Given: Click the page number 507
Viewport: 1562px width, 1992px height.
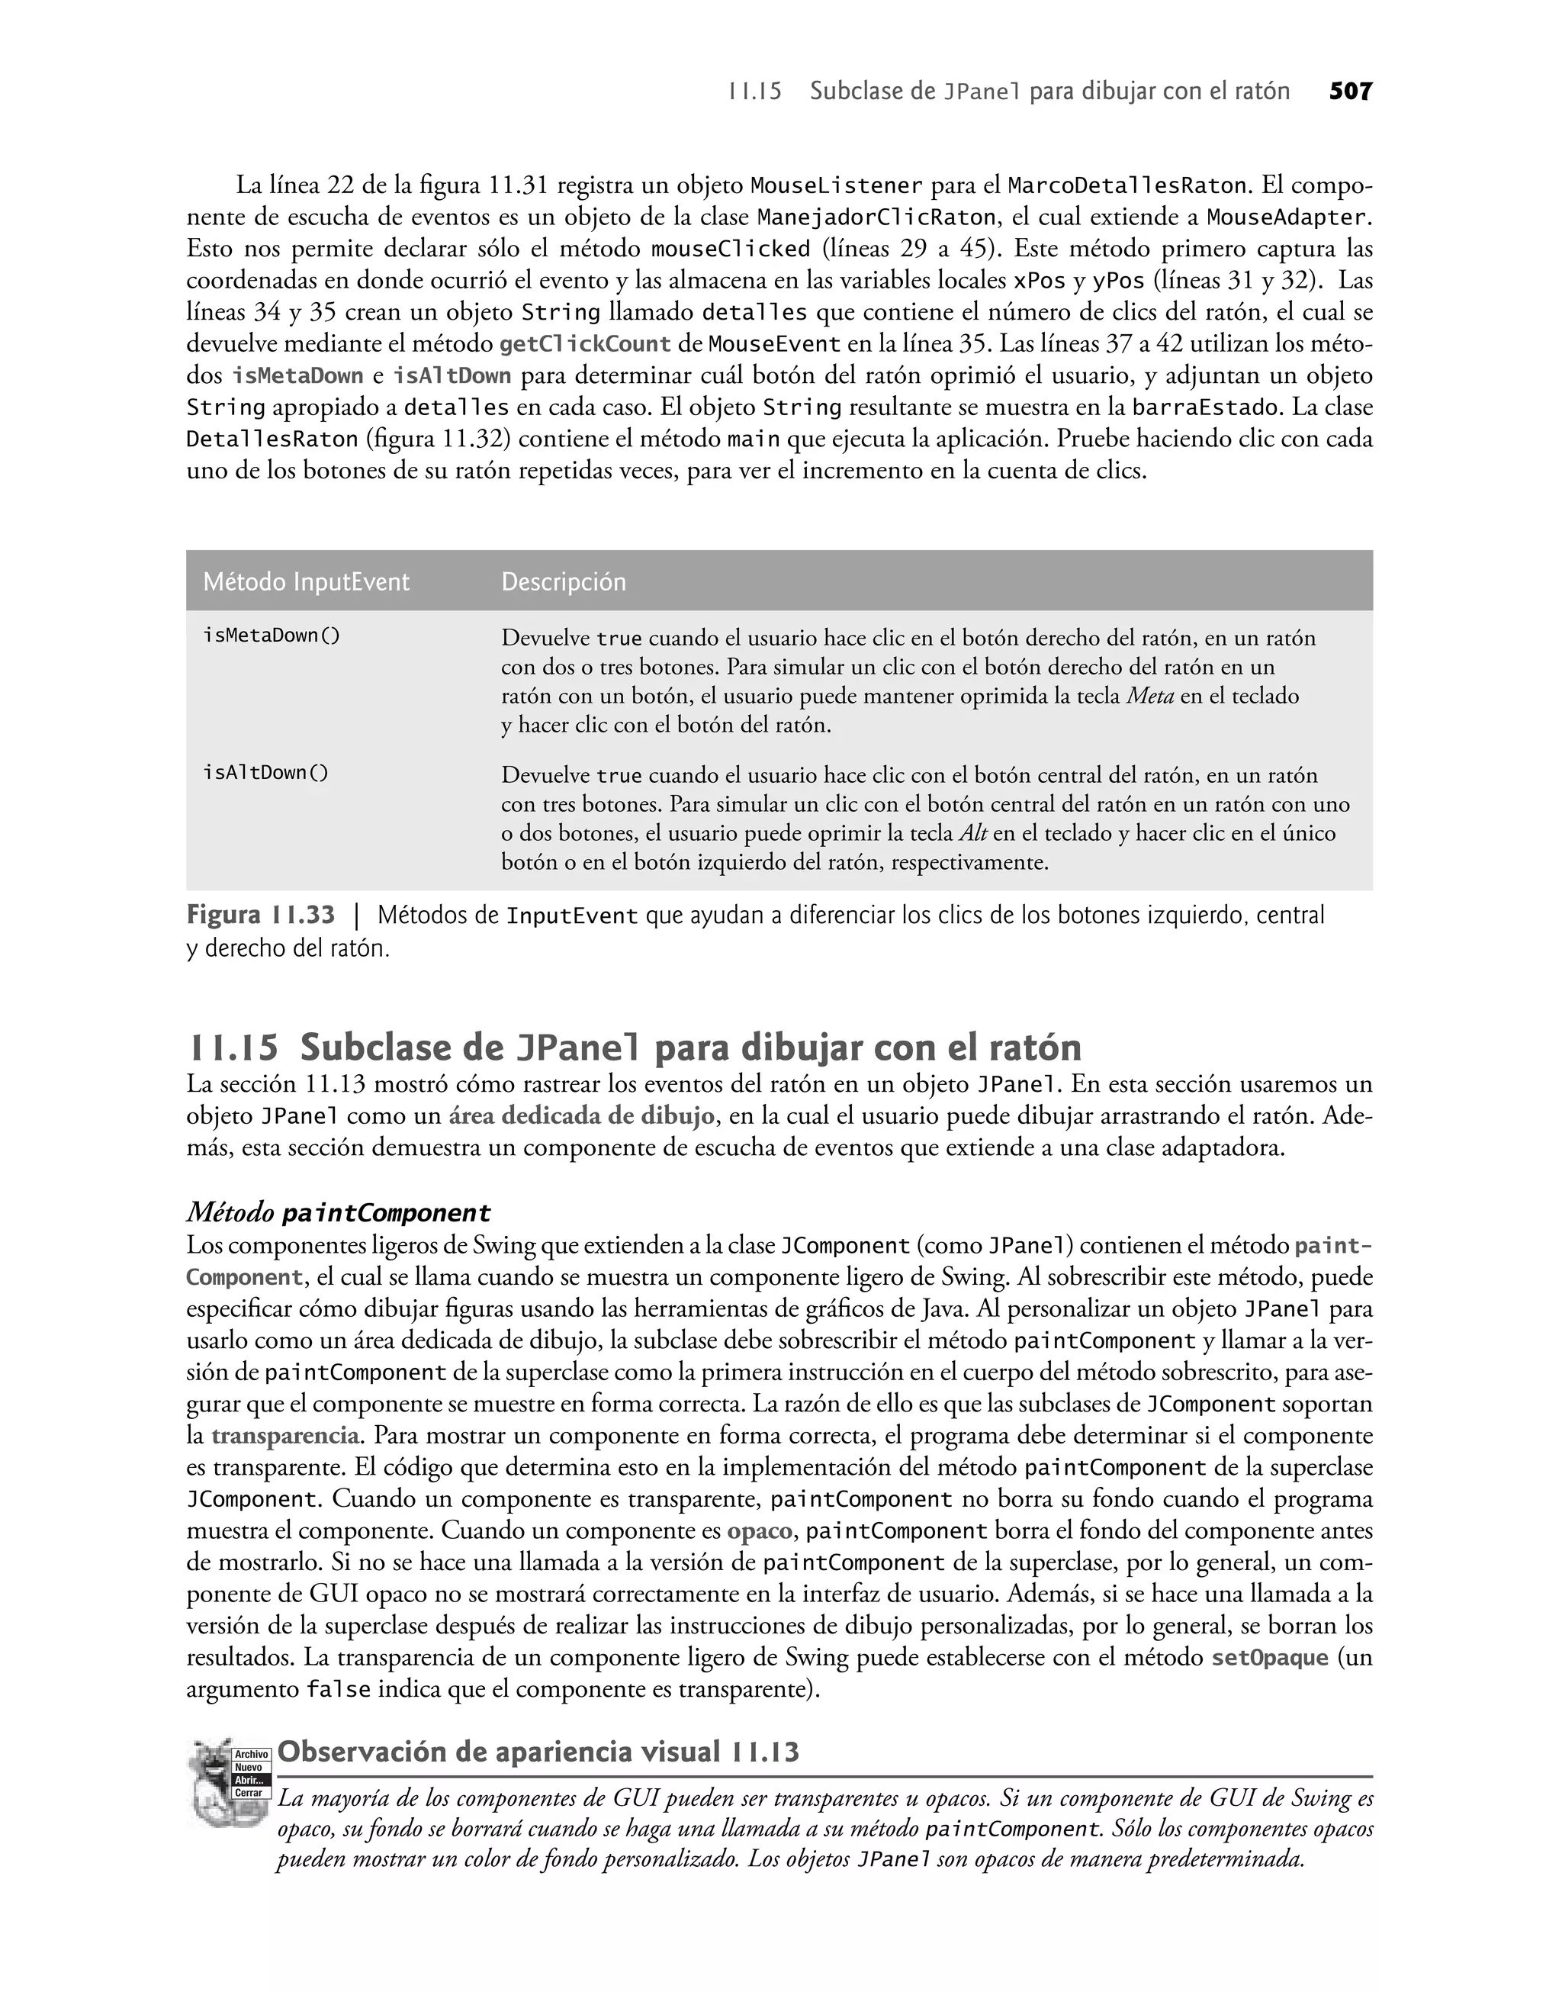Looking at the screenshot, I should (1350, 92).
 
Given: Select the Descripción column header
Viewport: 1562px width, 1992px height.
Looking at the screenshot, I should (564, 581).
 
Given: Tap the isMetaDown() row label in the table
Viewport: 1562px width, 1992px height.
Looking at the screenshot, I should (271, 636).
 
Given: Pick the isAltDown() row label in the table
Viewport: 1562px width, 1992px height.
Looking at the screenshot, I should (265, 773).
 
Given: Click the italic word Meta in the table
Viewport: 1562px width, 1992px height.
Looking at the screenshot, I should (1149, 696).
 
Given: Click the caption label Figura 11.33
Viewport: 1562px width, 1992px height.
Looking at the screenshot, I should (261, 915).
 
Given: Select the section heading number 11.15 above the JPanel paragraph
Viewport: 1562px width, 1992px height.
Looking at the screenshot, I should (233, 1047).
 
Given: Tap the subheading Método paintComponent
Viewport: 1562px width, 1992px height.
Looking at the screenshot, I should (339, 1213).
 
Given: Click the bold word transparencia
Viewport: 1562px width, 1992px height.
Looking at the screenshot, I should (285, 1435).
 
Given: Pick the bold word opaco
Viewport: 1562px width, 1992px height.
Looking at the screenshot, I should (759, 1530).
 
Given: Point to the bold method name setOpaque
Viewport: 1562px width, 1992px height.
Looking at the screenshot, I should (1269, 1657).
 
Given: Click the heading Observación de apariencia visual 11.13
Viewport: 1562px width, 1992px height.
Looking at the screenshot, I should (538, 1752).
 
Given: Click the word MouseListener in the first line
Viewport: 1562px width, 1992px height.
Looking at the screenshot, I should (836, 185).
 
